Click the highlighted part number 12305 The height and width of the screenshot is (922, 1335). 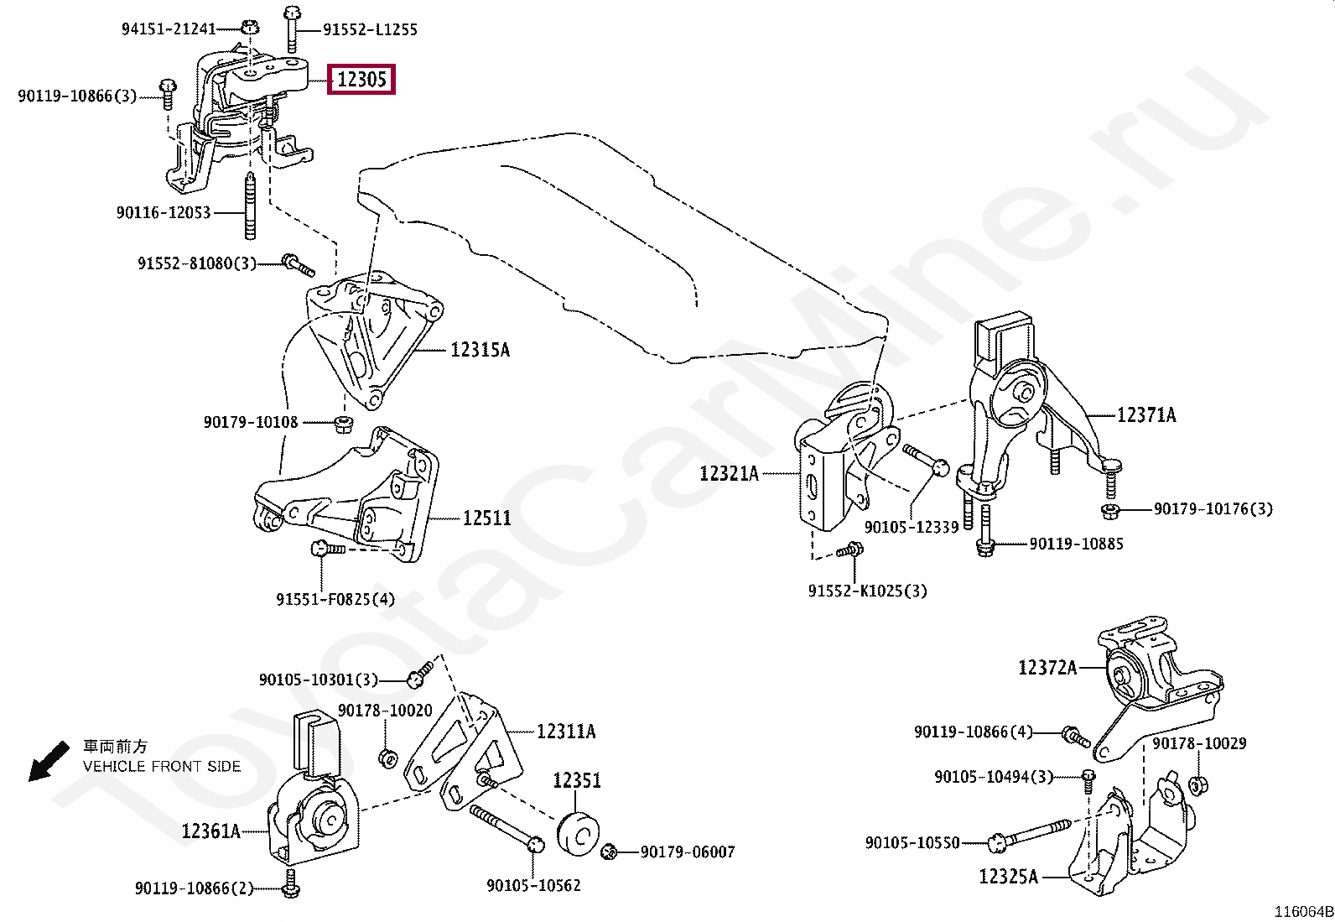361,81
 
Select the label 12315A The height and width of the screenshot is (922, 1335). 480,349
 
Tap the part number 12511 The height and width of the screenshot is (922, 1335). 486,518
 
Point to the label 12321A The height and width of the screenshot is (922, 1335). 729,474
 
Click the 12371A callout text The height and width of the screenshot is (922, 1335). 1145,414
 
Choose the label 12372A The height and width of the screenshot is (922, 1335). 1047,668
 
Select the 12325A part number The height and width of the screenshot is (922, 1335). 1008,878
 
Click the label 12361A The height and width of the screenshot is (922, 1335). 210,831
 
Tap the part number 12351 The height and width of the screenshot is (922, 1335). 576,780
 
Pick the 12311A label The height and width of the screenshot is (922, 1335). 566,732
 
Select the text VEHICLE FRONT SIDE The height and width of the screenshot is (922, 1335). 162,766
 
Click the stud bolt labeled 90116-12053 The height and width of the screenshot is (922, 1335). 250,207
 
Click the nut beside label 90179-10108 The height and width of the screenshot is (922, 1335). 342,421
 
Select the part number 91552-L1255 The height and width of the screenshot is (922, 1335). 370,29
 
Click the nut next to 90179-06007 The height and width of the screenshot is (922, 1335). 610,852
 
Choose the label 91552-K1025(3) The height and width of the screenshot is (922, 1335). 868,591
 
